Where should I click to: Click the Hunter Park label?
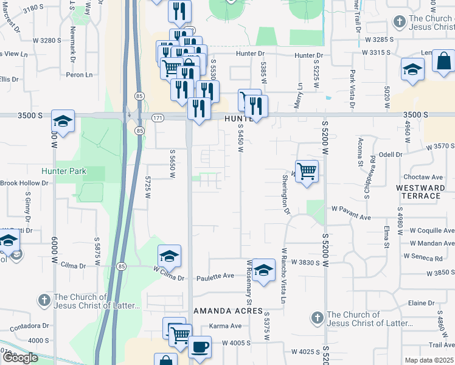coord(64,171)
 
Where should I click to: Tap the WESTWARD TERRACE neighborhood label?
coord(424,192)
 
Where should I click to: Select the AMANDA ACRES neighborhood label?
coord(223,311)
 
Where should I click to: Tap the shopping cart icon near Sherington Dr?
coord(307,172)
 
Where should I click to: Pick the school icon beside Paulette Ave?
coord(263,271)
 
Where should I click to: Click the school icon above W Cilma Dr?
coord(170,256)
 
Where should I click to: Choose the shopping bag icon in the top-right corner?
coord(444,61)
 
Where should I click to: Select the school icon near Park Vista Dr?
coord(412,69)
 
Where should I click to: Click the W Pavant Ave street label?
coord(351,217)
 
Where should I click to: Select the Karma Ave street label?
coord(222,326)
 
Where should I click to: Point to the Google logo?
coord(19,358)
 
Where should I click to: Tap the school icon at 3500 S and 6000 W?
coord(63,121)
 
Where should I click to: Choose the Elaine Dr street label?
coord(422,303)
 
